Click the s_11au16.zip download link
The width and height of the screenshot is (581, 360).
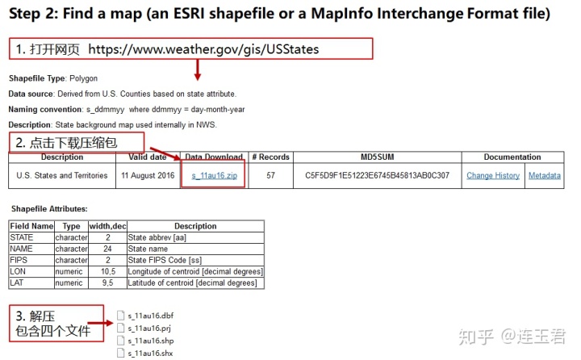click(214, 175)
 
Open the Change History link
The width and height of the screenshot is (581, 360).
click(492, 175)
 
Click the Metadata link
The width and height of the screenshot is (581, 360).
click(545, 175)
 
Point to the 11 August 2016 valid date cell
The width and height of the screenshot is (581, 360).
click(148, 175)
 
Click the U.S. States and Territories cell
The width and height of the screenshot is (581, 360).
click(62, 175)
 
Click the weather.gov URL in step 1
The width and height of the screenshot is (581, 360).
click(203, 49)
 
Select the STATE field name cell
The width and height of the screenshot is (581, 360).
click(22, 238)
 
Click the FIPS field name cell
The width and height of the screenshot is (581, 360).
click(19, 261)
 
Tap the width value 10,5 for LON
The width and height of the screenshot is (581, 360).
click(107, 272)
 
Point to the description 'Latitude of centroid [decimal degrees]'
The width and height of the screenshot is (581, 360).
click(192, 283)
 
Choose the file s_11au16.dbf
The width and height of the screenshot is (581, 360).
click(150, 316)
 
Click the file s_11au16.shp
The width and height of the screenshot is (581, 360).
click(150, 341)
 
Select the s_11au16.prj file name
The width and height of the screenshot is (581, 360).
click(150, 329)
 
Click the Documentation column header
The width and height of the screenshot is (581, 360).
click(512, 157)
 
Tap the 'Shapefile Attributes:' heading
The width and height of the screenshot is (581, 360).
click(49, 208)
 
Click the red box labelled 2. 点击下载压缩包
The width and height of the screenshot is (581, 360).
click(77, 143)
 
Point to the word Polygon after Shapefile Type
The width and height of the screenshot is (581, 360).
click(83, 78)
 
